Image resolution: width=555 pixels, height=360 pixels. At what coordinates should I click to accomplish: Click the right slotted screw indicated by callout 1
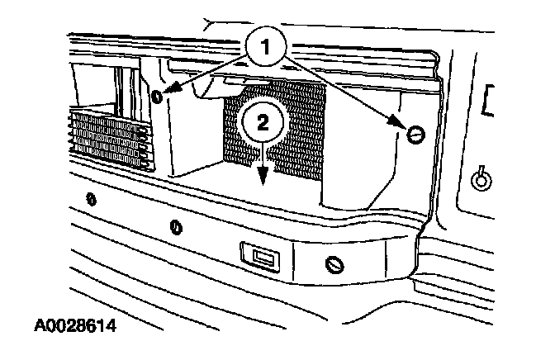click(417, 133)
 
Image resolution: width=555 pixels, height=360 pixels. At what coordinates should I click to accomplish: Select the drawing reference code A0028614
click(75, 325)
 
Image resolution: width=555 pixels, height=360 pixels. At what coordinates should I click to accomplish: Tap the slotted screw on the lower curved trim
click(334, 265)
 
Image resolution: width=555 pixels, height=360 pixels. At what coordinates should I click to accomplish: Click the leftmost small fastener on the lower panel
click(91, 199)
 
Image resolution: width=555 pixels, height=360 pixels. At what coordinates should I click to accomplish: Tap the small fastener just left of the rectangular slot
click(175, 226)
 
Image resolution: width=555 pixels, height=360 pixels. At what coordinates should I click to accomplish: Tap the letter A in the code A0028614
click(41, 325)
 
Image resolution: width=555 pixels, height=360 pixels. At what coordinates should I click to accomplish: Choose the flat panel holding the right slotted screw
click(380, 157)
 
